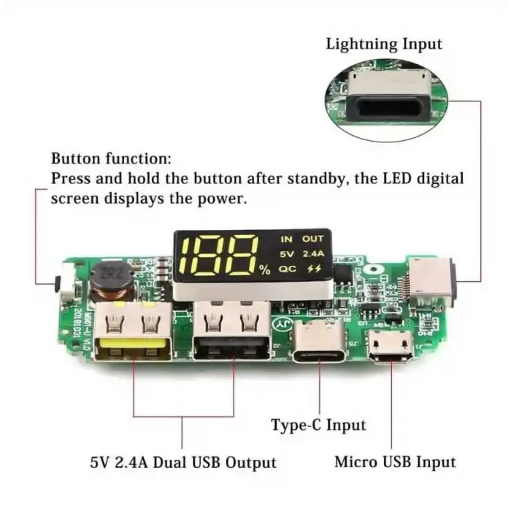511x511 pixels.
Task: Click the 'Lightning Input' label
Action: (383, 44)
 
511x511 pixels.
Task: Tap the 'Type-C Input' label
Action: (318, 424)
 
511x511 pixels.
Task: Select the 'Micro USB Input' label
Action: (395, 461)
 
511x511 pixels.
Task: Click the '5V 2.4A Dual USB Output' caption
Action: (183, 462)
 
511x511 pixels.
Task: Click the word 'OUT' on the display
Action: (312, 239)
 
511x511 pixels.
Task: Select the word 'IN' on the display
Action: (286, 239)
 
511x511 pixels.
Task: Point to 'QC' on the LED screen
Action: (286, 269)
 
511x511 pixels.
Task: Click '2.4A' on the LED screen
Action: (314, 254)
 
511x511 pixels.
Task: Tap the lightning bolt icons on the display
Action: (314, 269)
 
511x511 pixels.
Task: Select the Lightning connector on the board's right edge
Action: (432, 282)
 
